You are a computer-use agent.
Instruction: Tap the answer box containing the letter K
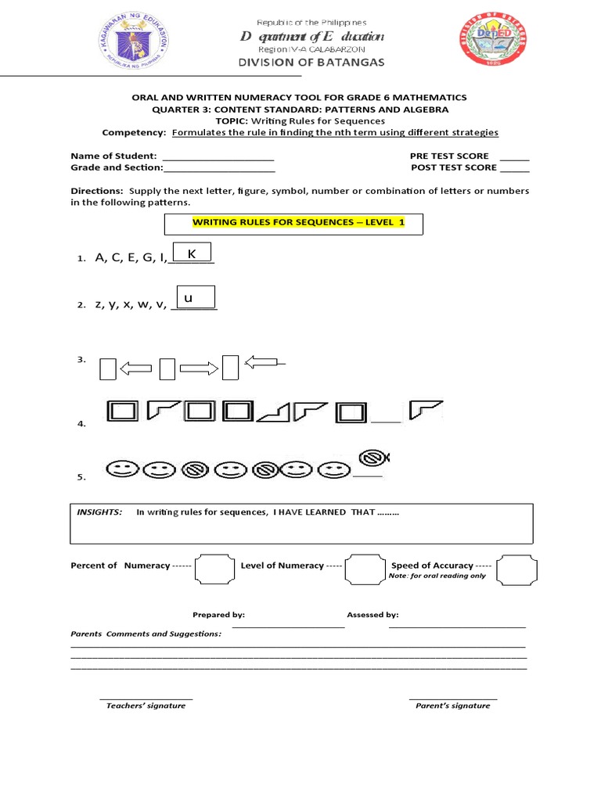192,253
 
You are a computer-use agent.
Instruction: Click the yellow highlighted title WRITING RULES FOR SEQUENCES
298,223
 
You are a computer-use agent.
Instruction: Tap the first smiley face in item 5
120,469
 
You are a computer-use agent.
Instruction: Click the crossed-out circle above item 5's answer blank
373,458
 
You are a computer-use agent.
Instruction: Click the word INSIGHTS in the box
99,512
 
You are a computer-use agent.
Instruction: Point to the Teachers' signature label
146,706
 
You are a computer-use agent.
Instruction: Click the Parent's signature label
452,706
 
